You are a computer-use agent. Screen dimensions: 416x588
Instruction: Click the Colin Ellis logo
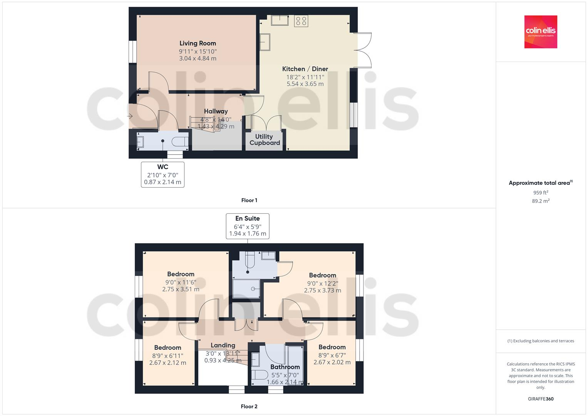(x=541, y=32)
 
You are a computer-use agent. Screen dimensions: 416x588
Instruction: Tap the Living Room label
(x=198, y=44)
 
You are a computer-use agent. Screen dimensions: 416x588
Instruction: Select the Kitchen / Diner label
(x=305, y=69)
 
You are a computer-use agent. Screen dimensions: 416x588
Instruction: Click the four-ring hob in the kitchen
(x=301, y=21)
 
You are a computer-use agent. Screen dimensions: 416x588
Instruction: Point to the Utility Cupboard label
(x=264, y=140)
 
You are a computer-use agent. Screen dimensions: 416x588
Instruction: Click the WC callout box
(x=162, y=174)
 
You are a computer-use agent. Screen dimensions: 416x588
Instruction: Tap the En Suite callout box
(x=247, y=226)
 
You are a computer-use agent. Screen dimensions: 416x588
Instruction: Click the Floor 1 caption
(x=249, y=200)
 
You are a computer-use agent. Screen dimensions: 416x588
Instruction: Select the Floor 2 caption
(x=249, y=406)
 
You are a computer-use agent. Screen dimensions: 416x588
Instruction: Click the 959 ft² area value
(x=541, y=193)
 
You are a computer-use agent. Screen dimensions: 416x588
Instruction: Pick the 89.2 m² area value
(x=541, y=201)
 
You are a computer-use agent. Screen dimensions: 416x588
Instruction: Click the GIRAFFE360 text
(x=541, y=399)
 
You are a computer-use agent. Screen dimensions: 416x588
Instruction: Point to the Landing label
(x=223, y=346)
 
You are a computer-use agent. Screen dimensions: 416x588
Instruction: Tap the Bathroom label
(x=285, y=367)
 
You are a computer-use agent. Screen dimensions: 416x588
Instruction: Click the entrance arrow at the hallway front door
(x=130, y=116)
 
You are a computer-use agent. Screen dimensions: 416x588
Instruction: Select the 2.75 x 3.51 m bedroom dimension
(x=181, y=289)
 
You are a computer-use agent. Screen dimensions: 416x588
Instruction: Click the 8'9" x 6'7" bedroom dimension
(x=332, y=355)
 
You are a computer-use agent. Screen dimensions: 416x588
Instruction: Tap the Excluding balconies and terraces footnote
(x=541, y=341)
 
